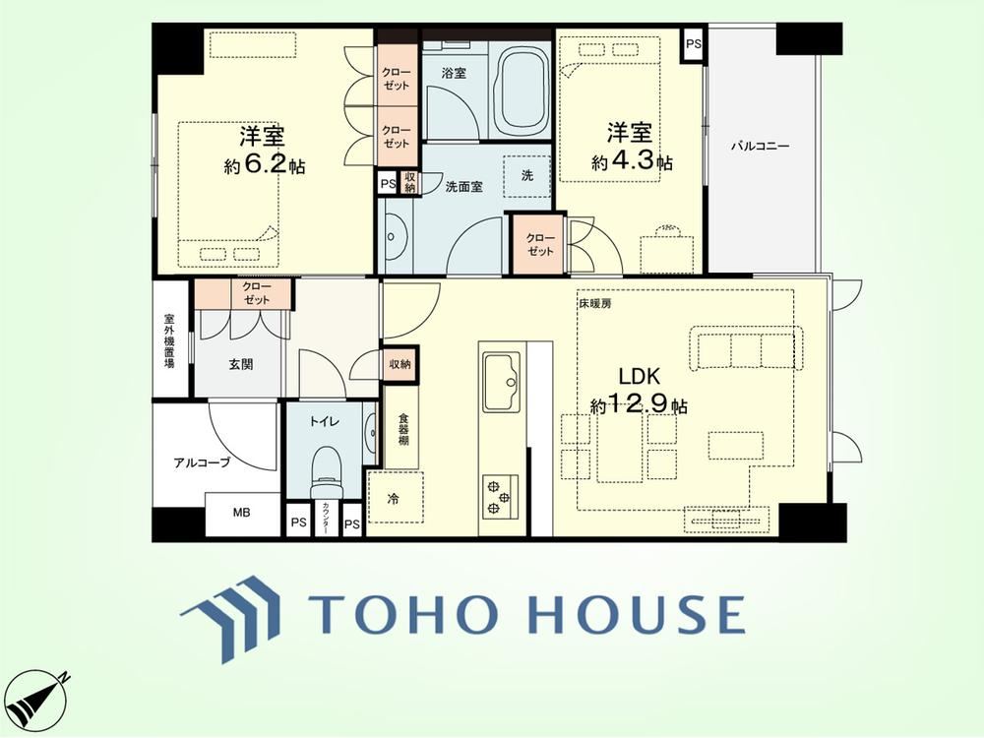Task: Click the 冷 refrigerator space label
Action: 393,500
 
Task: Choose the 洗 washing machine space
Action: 527,176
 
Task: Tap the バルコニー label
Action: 760,147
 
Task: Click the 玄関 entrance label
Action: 240,364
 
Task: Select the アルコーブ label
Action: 202,463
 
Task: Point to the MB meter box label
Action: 242,513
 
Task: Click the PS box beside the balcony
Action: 694,44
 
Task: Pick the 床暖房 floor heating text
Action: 595,304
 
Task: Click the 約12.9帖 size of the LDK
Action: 639,404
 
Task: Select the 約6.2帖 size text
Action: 265,164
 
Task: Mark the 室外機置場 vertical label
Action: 169,340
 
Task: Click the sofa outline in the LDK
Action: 747,349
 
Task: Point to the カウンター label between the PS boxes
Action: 325,519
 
